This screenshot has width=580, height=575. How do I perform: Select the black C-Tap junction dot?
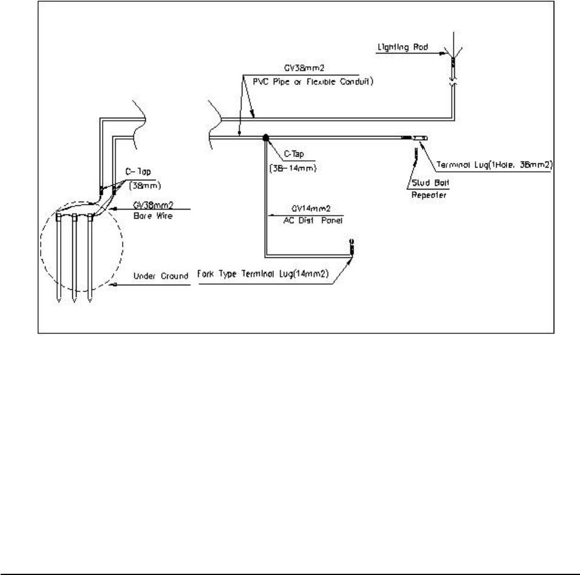coord(265,138)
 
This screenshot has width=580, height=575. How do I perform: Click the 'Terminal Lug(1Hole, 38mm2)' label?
coord(494,165)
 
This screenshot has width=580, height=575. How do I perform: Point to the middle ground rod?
coord(74,258)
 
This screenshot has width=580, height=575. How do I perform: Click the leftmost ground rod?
coord(58,258)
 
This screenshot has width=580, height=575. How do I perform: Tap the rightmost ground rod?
coord(90,258)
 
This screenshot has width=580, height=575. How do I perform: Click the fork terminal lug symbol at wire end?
coord(350,245)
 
